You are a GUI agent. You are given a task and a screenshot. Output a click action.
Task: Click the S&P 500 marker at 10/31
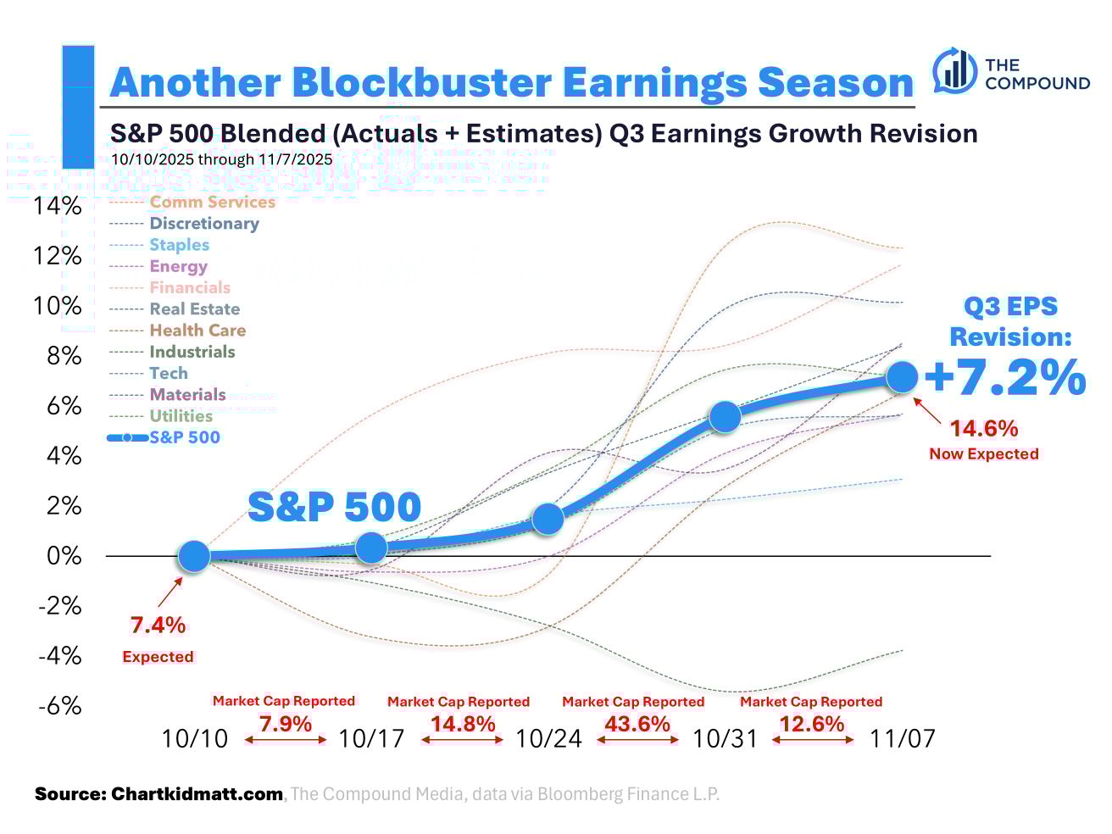725,416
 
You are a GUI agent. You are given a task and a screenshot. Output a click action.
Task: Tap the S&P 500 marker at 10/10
194,556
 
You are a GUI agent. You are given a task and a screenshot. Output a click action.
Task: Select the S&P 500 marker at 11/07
902,377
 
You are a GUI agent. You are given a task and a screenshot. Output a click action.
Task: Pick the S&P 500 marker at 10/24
548,518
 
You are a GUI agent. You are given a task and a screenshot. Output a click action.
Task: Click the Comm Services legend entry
212,202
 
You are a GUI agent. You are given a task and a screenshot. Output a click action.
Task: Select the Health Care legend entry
197,331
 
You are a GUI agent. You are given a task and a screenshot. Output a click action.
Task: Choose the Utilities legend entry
181,416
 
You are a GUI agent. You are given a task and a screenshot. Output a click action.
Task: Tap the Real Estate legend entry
194,309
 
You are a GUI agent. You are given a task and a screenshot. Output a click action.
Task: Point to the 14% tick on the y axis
58,206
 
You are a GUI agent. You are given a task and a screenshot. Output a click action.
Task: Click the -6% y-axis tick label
59,705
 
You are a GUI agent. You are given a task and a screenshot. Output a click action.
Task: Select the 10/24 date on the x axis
549,739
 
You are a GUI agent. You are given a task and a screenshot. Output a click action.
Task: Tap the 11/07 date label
903,739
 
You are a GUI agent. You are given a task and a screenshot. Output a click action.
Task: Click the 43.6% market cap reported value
637,725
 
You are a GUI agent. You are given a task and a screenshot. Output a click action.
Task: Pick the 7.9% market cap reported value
286,725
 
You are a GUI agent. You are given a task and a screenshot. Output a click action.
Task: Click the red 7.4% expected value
158,625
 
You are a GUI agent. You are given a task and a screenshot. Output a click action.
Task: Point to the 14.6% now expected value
983,429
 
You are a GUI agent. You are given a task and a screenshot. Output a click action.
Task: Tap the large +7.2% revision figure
1004,378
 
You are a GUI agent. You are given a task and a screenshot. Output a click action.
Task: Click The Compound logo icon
954,71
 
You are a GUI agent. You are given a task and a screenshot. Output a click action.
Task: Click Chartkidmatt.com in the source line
197,794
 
